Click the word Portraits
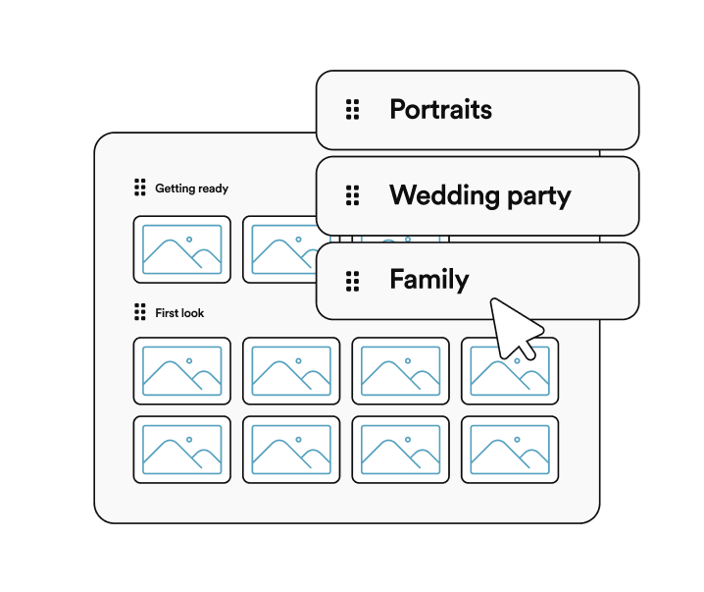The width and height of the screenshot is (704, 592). [x=440, y=109]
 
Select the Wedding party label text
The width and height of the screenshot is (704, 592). [x=480, y=195]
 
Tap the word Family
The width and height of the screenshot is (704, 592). [x=429, y=280]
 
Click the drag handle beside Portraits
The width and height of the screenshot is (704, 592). [x=352, y=109]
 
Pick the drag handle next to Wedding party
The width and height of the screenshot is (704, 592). [x=352, y=195]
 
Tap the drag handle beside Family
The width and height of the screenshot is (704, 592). [x=352, y=282]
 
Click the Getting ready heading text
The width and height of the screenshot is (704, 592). [x=192, y=188]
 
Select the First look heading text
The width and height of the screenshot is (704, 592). [x=179, y=313]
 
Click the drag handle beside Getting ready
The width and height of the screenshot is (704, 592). [x=140, y=188]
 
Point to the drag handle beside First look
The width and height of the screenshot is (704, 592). [x=140, y=312]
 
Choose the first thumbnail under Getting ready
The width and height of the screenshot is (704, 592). [x=182, y=249]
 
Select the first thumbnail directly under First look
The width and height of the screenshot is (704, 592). [x=182, y=371]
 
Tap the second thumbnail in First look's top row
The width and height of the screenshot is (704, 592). [x=291, y=371]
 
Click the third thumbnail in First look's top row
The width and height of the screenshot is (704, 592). [x=400, y=371]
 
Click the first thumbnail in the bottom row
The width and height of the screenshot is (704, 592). [x=182, y=450]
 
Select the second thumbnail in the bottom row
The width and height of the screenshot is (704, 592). [x=291, y=450]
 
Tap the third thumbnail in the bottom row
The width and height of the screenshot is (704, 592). [x=400, y=450]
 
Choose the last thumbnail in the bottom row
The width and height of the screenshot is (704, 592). [x=510, y=450]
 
